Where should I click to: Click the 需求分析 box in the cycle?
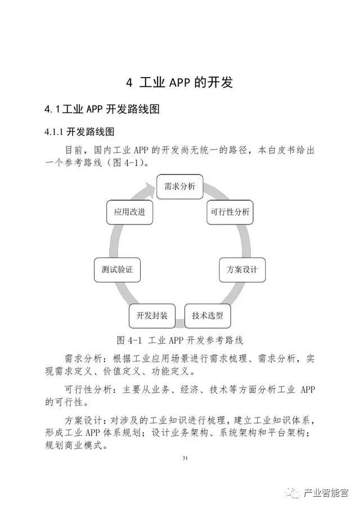179,187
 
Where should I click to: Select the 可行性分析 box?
230,212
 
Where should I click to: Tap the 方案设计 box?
242,269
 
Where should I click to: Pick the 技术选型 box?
208,316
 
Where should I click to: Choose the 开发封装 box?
152,316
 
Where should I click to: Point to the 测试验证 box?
117,269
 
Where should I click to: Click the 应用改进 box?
129,212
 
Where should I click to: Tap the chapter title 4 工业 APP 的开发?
179,83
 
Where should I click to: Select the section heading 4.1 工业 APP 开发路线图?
102,109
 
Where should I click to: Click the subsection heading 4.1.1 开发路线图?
79,132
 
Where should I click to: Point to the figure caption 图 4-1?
180,340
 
